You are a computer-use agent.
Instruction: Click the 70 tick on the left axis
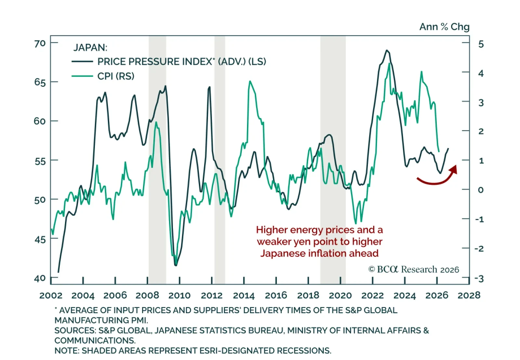click(x=40, y=43)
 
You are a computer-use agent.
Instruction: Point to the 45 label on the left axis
click(x=40, y=240)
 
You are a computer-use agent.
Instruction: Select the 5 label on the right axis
click(x=481, y=44)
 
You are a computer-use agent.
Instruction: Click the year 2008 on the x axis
click(x=147, y=295)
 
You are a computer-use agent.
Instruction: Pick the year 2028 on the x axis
click(x=469, y=295)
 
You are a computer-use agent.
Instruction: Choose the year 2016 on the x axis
click(x=276, y=295)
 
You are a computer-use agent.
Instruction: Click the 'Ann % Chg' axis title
click(x=444, y=27)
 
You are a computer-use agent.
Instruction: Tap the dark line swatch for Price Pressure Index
click(x=82, y=61)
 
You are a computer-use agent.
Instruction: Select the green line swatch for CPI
click(x=82, y=76)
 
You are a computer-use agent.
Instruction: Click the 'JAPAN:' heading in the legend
click(x=90, y=47)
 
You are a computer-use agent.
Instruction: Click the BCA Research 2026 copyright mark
click(x=413, y=269)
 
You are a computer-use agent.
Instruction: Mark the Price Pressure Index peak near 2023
click(x=387, y=50)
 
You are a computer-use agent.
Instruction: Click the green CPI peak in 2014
click(x=250, y=81)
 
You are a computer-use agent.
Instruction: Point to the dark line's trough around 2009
click(x=176, y=265)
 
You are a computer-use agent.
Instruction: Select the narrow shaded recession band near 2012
click(x=220, y=159)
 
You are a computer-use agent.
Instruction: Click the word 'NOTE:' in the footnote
click(x=67, y=351)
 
